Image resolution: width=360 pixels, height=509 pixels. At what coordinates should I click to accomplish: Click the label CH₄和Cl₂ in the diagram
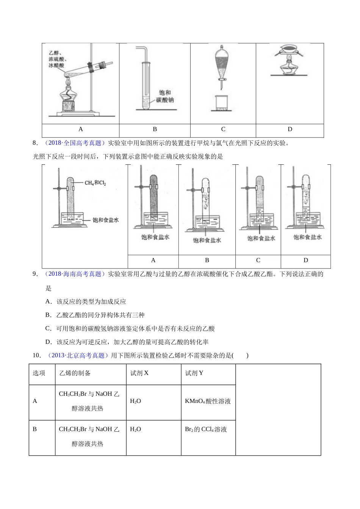click(95, 183)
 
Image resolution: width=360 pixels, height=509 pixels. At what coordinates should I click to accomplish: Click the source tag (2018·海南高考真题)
click(74, 274)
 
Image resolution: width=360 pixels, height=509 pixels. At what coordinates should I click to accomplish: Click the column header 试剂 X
click(139, 373)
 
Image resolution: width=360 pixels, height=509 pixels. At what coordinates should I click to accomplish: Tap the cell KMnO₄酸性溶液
click(208, 401)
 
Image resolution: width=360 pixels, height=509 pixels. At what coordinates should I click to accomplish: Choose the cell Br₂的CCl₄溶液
click(206, 429)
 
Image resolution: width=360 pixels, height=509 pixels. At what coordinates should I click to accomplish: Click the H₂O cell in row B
click(135, 429)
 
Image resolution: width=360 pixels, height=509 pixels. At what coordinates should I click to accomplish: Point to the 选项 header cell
click(39, 373)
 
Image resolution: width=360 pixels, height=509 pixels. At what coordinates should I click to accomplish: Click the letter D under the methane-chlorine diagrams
click(306, 260)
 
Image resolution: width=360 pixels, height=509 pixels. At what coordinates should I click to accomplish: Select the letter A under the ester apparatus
click(81, 129)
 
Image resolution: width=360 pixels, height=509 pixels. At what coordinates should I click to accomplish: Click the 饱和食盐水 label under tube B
click(207, 240)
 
